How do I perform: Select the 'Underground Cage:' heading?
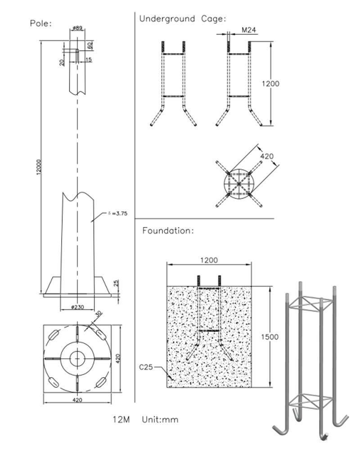coord(182,19)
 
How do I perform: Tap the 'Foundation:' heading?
coord(168,231)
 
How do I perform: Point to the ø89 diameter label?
coord(77,28)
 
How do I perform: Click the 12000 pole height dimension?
coord(39,166)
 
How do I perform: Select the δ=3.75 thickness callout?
coord(117,213)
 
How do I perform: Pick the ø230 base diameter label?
coord(77,307)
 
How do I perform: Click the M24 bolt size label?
coord(248,30)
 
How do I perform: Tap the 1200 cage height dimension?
coord(270,84)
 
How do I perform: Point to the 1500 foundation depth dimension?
coord(270,337)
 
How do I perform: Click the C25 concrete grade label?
coord(146,367)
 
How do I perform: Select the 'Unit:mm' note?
coord(160,420)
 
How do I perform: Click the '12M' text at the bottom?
coord(121,420)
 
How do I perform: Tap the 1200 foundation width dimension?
coord(209,260)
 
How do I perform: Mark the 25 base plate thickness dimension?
coord(116,283)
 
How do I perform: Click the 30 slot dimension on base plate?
coord(99,314)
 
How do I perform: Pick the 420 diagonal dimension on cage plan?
coord(266,156)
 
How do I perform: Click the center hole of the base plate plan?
coord(77,358)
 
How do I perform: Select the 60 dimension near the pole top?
coord(90,45)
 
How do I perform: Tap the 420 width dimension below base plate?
coord(77,400)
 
